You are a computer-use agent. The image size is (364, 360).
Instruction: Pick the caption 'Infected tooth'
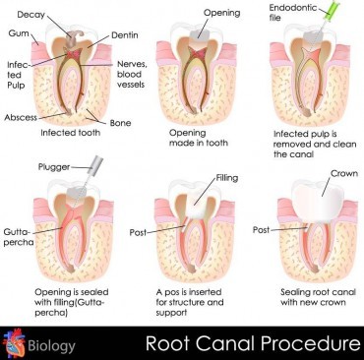tap(71, 132)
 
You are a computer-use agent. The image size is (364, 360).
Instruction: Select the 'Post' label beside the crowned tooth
tap(261, 229)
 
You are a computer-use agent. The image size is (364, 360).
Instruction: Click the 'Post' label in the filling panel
tap(138, 232)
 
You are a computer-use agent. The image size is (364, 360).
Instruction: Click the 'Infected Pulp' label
tap(14, 79)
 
